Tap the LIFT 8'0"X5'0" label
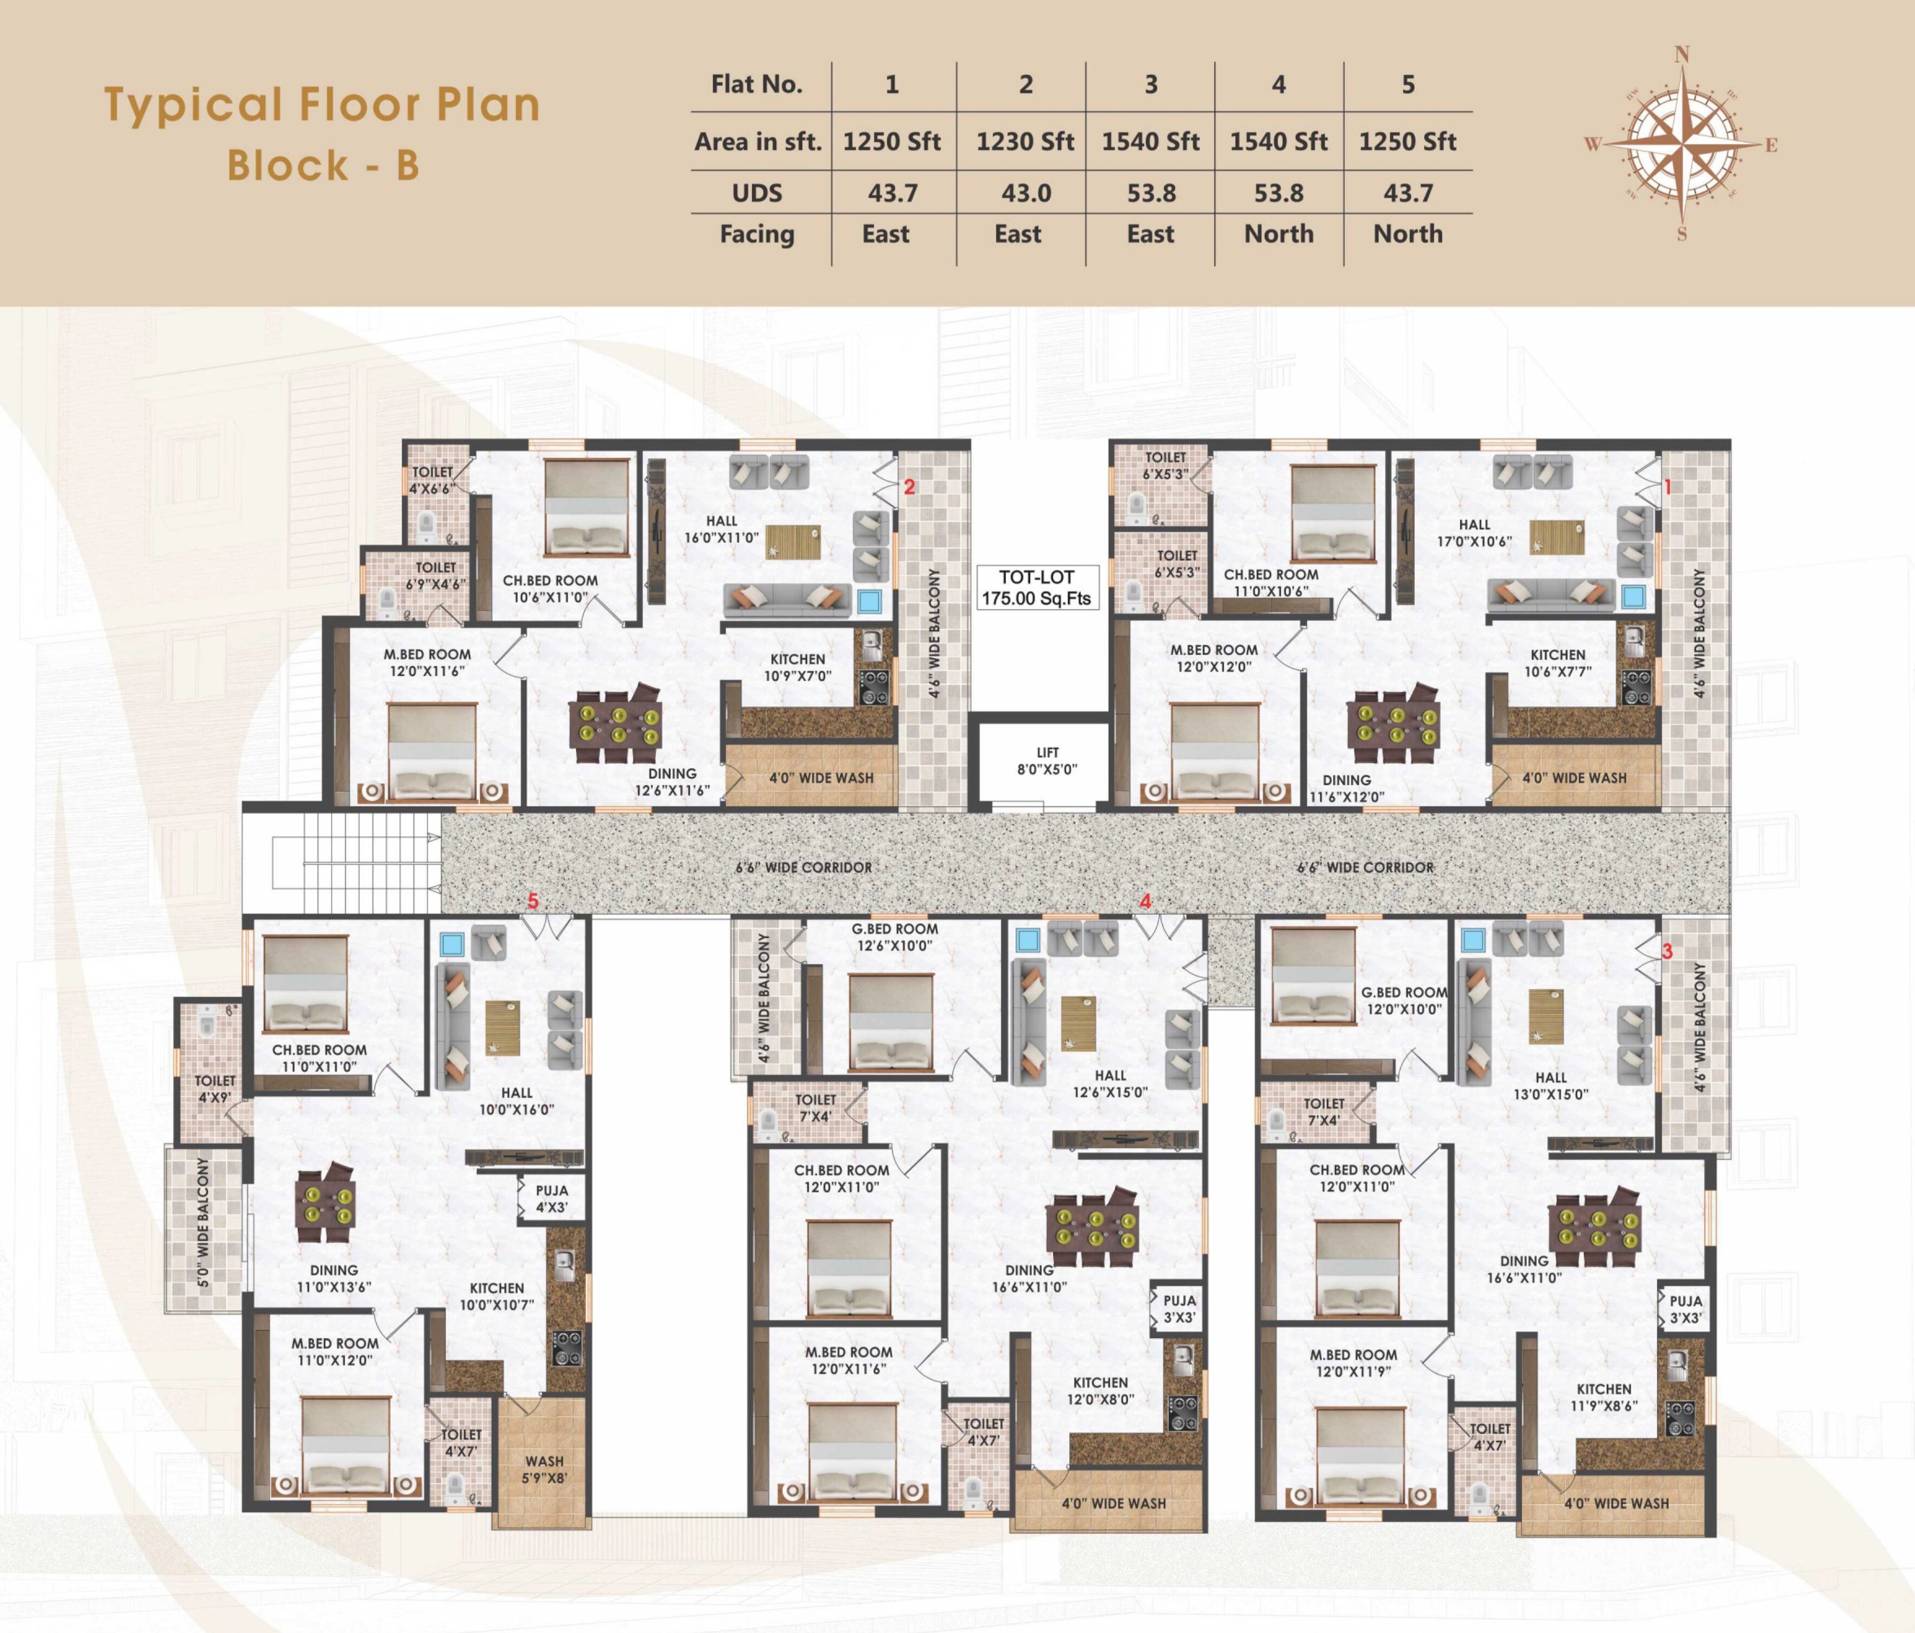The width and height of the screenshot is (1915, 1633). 1047,760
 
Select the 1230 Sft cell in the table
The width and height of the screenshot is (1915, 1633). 1025,142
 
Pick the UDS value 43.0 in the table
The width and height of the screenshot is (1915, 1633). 1025,193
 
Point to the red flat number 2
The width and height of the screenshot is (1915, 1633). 909,487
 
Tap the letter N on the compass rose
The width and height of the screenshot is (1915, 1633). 1682,54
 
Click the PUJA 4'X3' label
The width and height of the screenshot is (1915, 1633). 552,1199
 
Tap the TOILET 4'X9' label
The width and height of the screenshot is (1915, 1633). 214,1089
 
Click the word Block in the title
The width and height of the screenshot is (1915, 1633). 288,166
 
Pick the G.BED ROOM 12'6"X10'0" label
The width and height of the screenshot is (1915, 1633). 895,937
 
